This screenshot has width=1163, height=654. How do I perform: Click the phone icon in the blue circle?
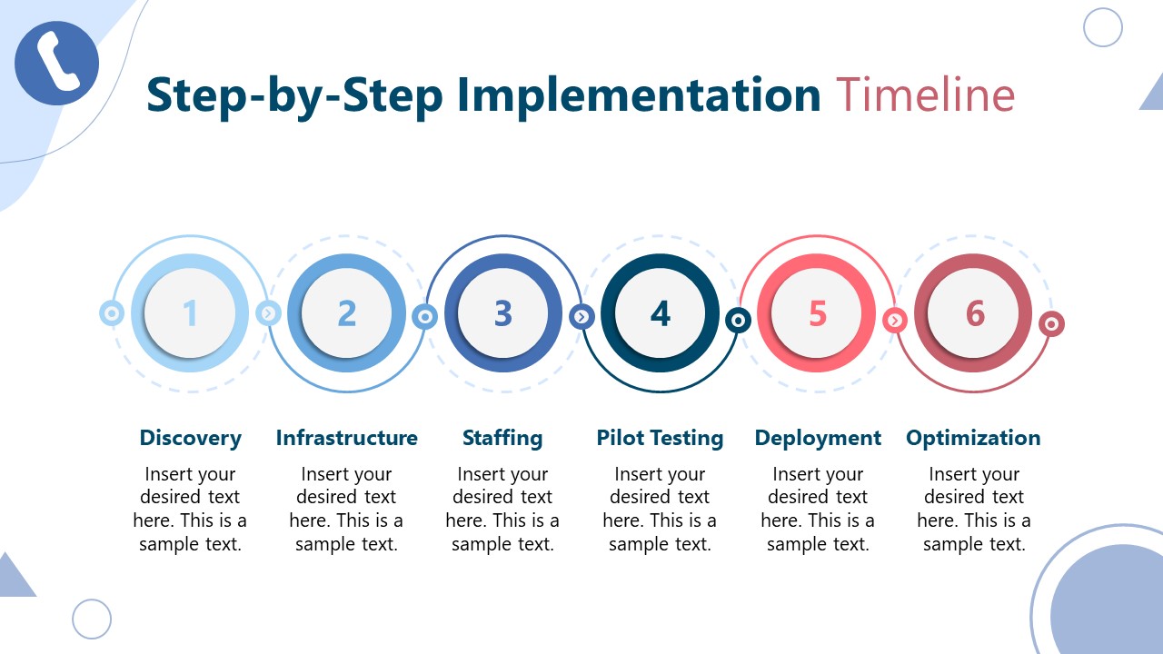tap(57, 63)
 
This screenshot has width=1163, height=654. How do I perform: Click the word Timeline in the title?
tap(924, 95)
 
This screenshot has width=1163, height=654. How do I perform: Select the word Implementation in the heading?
tap(638, 95)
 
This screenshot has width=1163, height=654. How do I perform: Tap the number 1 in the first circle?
tap(190, 313)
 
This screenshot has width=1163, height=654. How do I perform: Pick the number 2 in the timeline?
tap(346, 313)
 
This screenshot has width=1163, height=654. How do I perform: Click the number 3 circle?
tap(503, 313)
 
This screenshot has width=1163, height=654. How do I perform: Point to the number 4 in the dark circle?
tap(661, 313)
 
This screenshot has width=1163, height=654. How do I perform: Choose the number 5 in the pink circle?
tap(818, 313)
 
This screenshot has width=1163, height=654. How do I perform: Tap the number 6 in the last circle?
tap(974, 313)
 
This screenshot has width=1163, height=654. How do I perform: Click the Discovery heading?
tap(190, 438)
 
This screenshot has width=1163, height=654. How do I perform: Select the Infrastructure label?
tap(346, 438)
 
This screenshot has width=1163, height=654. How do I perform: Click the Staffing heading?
tap(502, 438)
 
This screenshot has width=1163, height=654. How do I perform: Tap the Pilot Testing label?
tap(660, 438)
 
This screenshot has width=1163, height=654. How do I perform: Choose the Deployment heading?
tap(818, 438)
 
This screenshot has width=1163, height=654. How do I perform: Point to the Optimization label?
tap(973, 438)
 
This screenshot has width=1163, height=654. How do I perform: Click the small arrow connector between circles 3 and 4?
tap(581, 317)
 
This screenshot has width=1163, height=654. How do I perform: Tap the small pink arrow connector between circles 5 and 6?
tap(895, 320)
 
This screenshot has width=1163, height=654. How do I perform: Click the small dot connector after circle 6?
tap(1051, 323)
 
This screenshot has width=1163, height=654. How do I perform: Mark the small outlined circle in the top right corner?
tap(1103, 27)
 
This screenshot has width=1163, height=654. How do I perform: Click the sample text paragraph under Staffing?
tap(502, 509)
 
